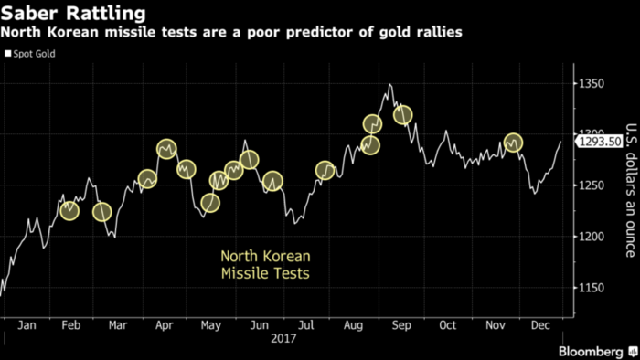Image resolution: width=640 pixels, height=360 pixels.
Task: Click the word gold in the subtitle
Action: click(405, 33)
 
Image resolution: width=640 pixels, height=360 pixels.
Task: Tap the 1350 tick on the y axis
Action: click(593, 83)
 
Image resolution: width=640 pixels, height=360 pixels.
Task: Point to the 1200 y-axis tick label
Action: click(593, 236)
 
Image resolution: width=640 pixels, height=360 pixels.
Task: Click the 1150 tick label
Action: click(593, 288)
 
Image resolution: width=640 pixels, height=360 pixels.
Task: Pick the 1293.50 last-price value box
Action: click(600, 142)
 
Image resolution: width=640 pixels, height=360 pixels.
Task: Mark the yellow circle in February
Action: click(69, 211)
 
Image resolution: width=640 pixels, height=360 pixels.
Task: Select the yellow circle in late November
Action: click(514, 143)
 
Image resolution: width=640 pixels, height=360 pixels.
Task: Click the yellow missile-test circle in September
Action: click(402, 115)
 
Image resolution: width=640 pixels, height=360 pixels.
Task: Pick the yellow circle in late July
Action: click(325, 170)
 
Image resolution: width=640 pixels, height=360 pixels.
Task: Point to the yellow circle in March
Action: click(102, 212)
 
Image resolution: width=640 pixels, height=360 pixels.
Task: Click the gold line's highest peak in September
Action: click(389, 85)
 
